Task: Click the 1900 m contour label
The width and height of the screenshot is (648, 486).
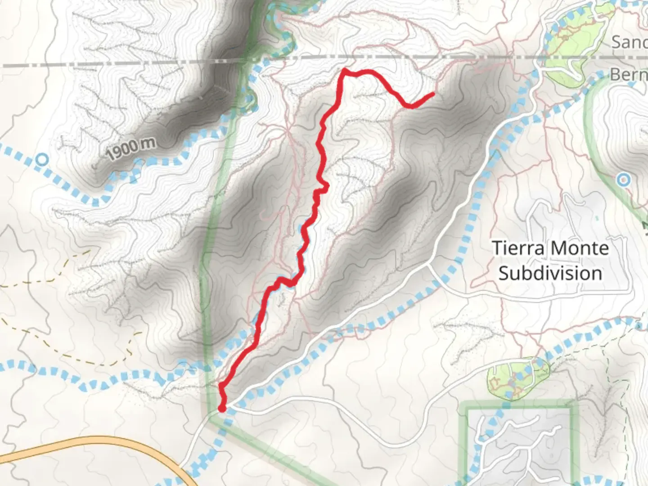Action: tap(131, 148)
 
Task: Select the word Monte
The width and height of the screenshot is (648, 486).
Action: tap(580, 248)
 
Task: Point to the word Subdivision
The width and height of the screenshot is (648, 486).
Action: tap(550, 273)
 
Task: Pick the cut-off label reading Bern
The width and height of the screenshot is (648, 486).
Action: tap(628, 74)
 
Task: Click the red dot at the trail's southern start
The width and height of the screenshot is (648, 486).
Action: tap(222, 408)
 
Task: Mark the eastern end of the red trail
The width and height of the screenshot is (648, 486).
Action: tap(433, 94)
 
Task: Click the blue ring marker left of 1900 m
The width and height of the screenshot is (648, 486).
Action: tap(42, 159)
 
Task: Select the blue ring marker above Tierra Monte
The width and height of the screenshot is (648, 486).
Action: tap(623, 180)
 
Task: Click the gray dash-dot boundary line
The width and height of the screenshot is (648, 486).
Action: tap(135, 64)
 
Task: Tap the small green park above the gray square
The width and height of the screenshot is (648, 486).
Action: tap(517, 378)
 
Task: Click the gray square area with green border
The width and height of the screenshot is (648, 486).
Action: tap(517, 445)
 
